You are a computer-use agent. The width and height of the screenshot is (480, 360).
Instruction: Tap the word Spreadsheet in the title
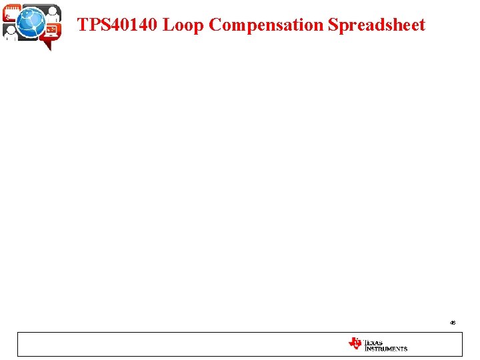377,25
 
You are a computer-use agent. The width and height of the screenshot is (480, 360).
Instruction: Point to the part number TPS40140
118,25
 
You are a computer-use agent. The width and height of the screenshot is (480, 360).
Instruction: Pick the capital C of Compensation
215,25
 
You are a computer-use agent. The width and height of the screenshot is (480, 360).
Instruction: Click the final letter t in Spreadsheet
422,25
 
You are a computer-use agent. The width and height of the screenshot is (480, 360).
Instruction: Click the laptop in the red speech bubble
51,30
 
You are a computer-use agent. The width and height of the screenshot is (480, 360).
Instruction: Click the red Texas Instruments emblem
355,343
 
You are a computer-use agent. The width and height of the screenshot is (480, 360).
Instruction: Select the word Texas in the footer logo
373,342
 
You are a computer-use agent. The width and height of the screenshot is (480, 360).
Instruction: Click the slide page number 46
453,323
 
